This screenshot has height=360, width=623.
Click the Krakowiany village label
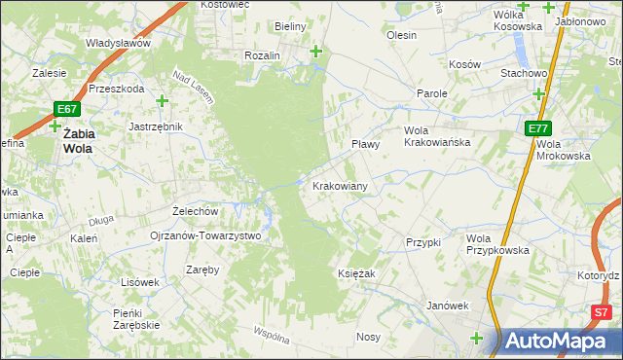339,186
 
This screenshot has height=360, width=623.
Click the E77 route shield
538,128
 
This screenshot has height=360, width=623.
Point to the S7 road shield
603,312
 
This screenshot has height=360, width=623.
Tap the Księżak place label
356,274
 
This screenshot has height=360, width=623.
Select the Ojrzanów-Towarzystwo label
205,235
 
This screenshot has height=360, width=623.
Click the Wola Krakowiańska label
437,136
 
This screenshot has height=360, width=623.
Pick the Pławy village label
365,144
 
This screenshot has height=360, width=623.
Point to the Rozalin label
263,55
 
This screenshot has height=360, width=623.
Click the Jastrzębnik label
156,126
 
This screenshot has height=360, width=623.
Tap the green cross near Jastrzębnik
162,101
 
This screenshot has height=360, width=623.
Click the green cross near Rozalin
315,51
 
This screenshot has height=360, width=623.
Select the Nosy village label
368,337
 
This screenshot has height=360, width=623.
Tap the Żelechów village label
193,210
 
